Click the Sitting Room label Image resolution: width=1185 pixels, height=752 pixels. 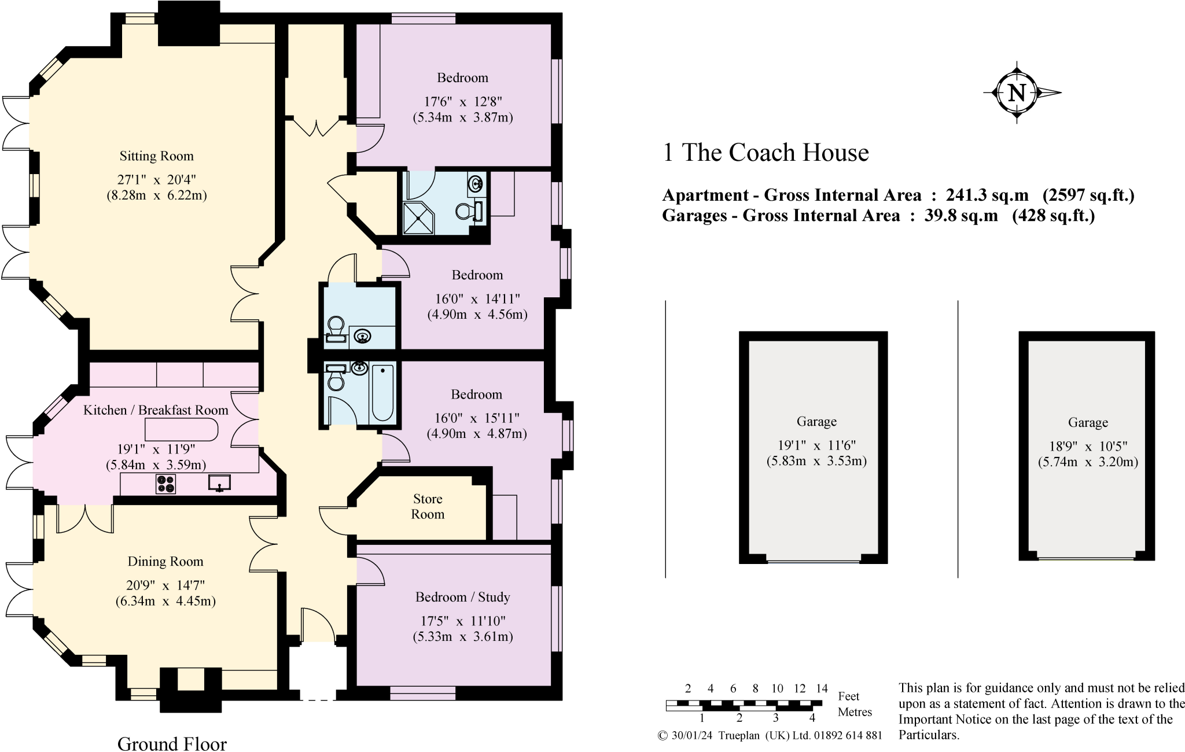(156, 156)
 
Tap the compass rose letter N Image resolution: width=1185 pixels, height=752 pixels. (1017, 93)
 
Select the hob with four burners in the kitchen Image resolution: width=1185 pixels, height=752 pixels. (165, 484)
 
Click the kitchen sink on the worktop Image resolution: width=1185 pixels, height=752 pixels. (219, 482)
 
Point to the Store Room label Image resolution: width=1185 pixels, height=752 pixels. (428, 507)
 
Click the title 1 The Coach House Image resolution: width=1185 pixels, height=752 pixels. (765, 153)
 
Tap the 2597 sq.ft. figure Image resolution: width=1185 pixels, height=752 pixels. (1088, 196)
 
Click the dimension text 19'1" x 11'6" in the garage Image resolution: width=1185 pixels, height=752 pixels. (816, 445)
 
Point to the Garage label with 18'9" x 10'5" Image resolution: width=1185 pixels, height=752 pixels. (1088, 423)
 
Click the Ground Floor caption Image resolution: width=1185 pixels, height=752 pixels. (172, 744)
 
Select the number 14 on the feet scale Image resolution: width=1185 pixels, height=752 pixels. (822, 688)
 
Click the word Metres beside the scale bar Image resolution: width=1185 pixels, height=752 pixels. (855, 712)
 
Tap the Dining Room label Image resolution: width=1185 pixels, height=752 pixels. (165, 562)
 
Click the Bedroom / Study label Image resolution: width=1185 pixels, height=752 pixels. (462, 597)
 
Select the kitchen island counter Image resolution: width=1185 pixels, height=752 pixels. (181, 430)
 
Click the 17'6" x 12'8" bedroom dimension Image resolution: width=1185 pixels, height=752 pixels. (462, 102)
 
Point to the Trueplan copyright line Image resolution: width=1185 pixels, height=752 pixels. (770, 736)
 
